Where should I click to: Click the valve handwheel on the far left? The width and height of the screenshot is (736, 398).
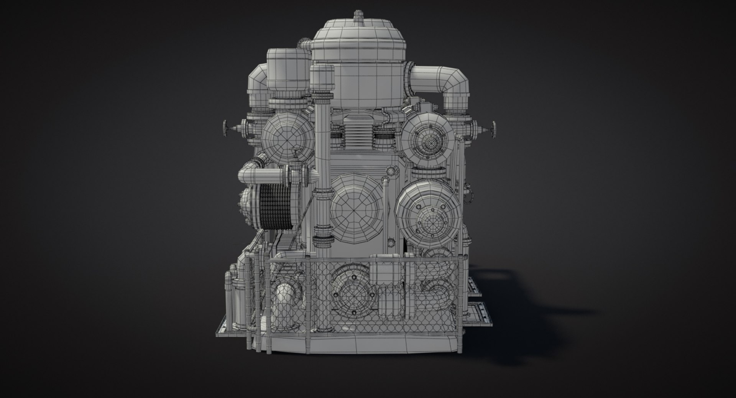coord(226,127)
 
